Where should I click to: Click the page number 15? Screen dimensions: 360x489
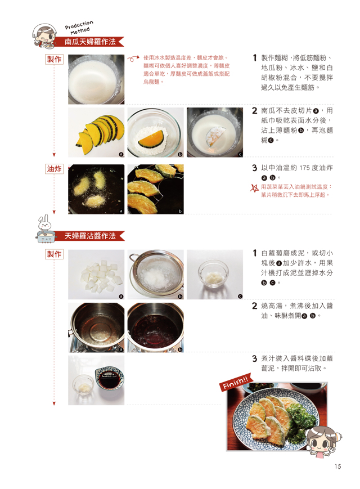(337, 466)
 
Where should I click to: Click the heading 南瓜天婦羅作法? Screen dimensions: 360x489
(90, 42)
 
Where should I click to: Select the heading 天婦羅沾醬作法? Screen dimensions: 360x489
(90, 236)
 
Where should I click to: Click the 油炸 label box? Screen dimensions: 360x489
(54, 169)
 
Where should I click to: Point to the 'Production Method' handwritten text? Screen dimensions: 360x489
(79, 28)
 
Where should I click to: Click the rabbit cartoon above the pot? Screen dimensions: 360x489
(44, 222)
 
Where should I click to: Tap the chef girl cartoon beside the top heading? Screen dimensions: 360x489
(44, 35)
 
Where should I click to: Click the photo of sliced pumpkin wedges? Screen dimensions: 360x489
(96, 132)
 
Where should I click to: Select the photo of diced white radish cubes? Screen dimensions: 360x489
(96, 275)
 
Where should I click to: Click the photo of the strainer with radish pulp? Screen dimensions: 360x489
(156, 275)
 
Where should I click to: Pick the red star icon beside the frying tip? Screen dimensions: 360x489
(255, 188)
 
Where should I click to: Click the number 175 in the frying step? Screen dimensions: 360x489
(304, 168)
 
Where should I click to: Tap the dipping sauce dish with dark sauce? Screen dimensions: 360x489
(109, 378)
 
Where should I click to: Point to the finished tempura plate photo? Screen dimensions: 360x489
(277, 416)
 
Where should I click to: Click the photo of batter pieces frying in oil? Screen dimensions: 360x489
(96, 189)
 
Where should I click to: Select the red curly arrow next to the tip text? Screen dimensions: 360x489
(133, 59)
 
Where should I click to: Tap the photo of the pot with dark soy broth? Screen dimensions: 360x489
(156, 328)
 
